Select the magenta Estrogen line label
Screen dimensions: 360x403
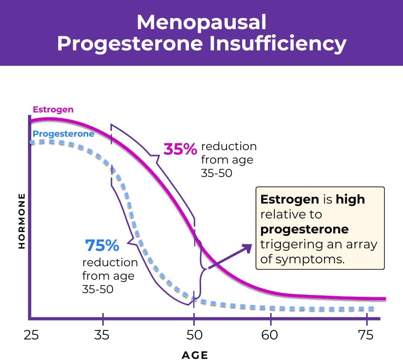pos(53,109)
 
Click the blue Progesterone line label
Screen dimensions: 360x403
pos(63,134)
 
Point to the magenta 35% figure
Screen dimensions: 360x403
pos(180,149)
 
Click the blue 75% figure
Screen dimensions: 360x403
pos(102,246)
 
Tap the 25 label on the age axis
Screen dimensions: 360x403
pos(31,335)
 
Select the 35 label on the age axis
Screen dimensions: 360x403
pos(102,335)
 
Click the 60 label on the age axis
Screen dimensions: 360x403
pos(270,335)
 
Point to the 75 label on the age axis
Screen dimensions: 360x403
pos(366,335)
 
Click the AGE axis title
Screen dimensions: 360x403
pos(194,355)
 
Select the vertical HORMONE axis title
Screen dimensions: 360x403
pos(22,221)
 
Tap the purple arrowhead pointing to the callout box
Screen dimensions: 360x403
pos(247,248)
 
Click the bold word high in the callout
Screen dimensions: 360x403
pos(350,199)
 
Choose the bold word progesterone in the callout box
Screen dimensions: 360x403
pos(304,229)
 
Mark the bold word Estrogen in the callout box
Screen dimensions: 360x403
pos(289,199)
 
